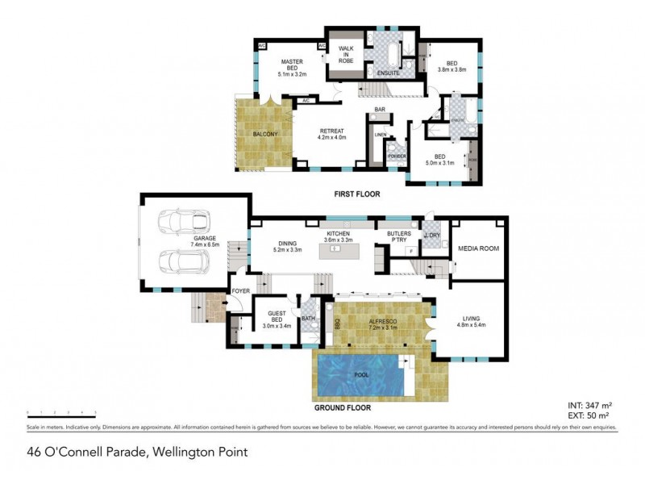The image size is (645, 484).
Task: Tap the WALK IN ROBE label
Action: [346, 55]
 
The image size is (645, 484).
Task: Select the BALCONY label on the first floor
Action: [265, 134]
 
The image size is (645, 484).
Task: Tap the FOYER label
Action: [240, 291]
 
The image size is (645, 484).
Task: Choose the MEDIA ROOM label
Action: [479, 248]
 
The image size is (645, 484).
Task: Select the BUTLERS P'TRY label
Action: [399, 237]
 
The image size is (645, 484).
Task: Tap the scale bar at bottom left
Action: [61, 412]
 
